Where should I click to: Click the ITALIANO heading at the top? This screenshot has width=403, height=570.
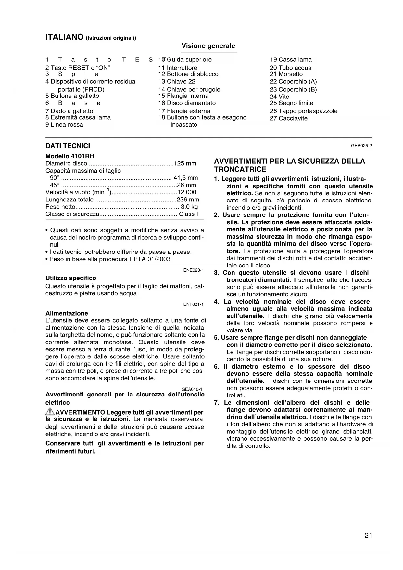(x=65, y=37)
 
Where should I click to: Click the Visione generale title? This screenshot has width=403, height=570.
(x=208, y=46)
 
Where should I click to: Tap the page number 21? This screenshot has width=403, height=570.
(x=368, y=535)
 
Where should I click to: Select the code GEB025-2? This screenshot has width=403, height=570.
(x=361, y=146)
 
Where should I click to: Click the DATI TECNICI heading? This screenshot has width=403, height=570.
(x=68, y=146)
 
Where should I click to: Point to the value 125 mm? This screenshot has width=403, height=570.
(x=185, y=163)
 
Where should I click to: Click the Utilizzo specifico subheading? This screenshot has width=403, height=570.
(x=71, y=278)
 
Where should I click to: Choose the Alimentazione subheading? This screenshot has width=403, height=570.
(x=67, y=313)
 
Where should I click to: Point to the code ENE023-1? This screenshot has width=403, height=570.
(x=193, y=270)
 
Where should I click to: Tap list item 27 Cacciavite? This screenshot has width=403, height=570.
(x=288, y=118)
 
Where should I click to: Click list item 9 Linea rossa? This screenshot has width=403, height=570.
(x=64, y=125)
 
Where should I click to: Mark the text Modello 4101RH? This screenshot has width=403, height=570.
(x=70, y=156)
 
